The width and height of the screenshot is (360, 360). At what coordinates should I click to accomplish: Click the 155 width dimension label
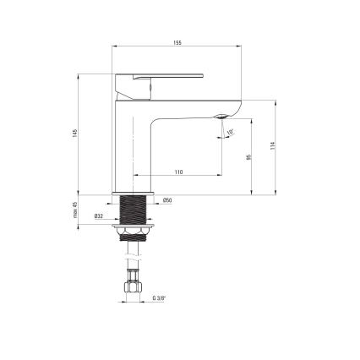[x=177, y=43]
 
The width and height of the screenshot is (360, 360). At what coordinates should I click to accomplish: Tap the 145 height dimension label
[x=74, y=134]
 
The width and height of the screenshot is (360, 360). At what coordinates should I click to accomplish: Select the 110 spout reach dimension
[x=178, y=172]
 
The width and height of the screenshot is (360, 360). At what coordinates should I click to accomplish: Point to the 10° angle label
[x=230, y=132]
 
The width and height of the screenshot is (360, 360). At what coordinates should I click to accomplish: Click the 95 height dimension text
[x=248, y=157]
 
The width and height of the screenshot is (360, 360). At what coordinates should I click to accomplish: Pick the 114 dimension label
[x=272, y=145]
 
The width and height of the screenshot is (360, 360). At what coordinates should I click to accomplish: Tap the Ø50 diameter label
[x=167, y=200]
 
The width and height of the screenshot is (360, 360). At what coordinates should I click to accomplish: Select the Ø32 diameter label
[x=99, y=216]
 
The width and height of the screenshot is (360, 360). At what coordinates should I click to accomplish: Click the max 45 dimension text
[x=75, y=210]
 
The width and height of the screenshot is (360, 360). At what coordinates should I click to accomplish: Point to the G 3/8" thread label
[x=159, y=298]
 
